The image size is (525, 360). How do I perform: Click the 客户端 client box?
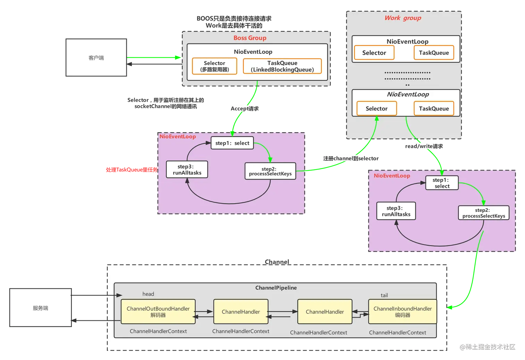tap(96, 58)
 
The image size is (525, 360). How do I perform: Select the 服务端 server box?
tap(41, 308)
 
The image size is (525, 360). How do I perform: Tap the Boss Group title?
tap(250, 38)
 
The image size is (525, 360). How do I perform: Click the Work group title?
tap(403, 18)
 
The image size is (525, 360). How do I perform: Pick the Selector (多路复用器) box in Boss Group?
tap(215, 66)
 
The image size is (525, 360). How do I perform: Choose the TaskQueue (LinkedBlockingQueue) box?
tap(282, 66)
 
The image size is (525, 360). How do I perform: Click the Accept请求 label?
tap(244, 109)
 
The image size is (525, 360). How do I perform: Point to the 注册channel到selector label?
tap(351, 159)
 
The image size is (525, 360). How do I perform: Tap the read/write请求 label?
tap(424, 146)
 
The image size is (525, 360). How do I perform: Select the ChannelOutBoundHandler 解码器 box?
tap(158, 312)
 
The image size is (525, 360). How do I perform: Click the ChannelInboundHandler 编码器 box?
tap(402, 312)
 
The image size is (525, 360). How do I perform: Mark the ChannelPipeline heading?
tap(276, 288)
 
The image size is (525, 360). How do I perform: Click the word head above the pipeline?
tap(148, 294)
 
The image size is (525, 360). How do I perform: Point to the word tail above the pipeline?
tap(384, 295)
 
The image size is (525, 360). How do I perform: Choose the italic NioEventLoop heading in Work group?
tap(408, 94)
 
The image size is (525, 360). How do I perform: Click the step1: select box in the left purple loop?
tap(232, 143)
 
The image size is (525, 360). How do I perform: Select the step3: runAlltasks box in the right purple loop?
tap(396, 211)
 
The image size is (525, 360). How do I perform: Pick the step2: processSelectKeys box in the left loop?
tap(270, 171)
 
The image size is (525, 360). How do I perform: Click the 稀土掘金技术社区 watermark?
tap(487, 346)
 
